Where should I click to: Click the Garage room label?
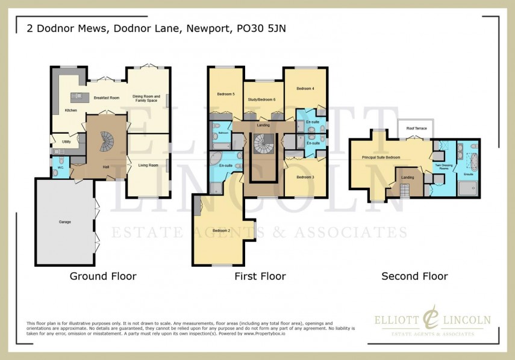click(x=64, y=222)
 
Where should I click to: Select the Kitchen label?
click(x=70, y=111)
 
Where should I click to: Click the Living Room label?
click(x=148, y=164)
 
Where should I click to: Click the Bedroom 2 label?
click(x=221, y=231)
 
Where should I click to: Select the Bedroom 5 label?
click(x=225, y=94)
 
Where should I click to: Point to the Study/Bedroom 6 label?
click(x=262, y=99)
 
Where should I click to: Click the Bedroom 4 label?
click(x=305, y=88)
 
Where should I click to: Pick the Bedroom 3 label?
click(x=305, y=177)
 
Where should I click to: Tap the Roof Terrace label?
click(x=416, y=128)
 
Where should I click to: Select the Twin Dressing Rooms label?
click(x=443, y=167)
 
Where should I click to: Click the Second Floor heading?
click(x=414, y=276)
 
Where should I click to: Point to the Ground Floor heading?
click(x=103, y=276)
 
